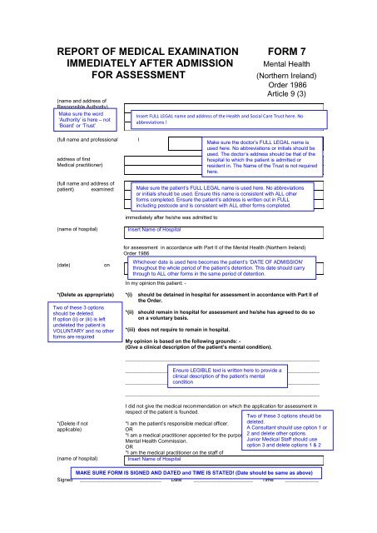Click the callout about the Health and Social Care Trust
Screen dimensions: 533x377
pyautogui.click(x=225, y=119)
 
